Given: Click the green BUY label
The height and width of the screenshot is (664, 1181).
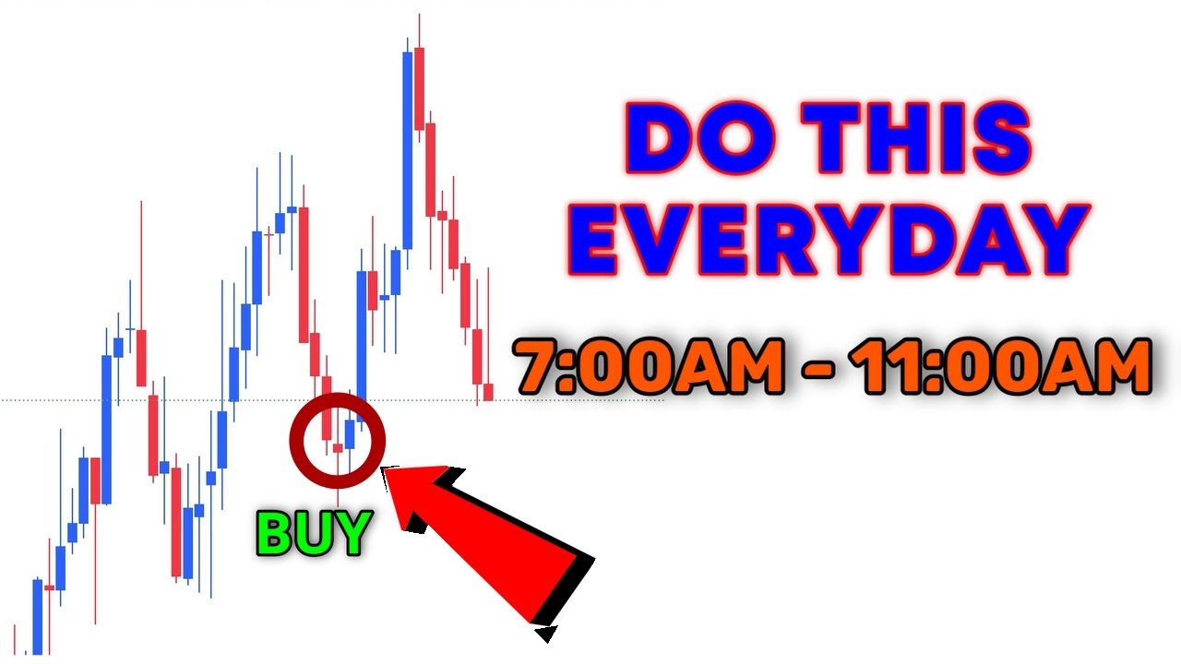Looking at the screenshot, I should pyautogui.click(x=314, y=533).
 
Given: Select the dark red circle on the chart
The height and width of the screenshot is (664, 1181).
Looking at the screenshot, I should pyautogui.click(x=336, y=439).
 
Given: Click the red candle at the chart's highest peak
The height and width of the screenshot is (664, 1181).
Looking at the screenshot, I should pyautogui.click(x=419, y=89).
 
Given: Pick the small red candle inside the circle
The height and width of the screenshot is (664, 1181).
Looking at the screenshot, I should pyautogui.click(x=338, y=448).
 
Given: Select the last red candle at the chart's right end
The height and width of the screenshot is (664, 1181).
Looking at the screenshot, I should pyautogui.click(x=488, y=392).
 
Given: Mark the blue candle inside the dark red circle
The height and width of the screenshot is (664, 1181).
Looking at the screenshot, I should pyautogui.click(x=350, y=433).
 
